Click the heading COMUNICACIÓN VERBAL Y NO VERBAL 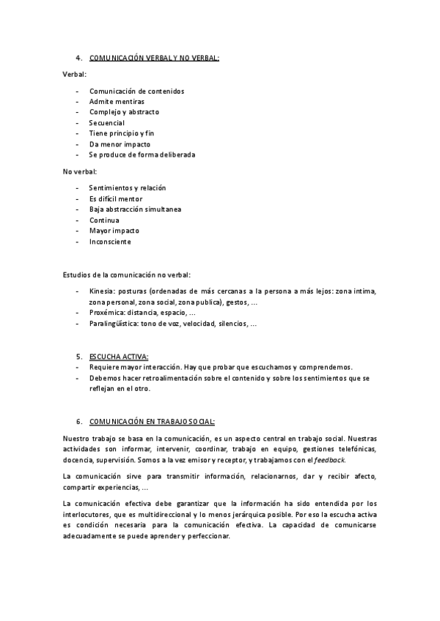pos(154,59)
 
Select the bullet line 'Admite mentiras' pos(117,102)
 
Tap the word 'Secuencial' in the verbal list pos(107,123)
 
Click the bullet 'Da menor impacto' pos(120,144)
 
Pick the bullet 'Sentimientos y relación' pos(128,188)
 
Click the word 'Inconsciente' pos(110,242)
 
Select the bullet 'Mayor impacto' pos(114,231)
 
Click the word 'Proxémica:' pos(107,313)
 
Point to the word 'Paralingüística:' pos(114,324)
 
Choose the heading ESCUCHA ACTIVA pos(119,357)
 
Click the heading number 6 pos(78,423)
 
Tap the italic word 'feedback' pos(329,460)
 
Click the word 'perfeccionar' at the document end pos(209,536)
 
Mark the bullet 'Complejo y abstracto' pos(124,112)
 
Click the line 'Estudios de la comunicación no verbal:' pos(127,275)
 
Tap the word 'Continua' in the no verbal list pos(104,220)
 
